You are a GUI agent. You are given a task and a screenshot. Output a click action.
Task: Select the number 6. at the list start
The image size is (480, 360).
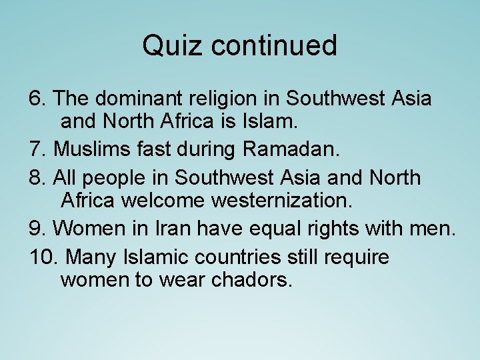(x=38, y=99)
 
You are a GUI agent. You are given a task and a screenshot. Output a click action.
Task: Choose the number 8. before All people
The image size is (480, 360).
(x=38, y=178)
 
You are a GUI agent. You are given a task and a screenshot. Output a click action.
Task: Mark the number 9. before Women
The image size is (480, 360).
(x=38, y=229)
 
